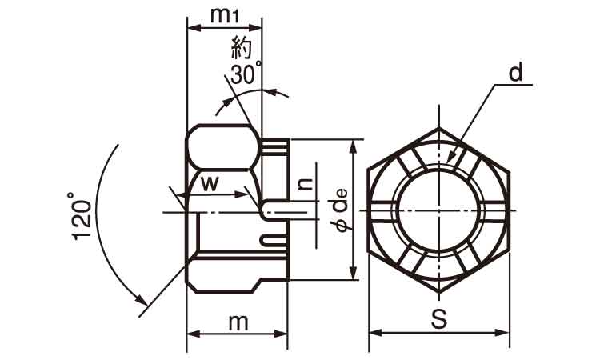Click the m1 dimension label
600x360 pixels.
coord(225,15)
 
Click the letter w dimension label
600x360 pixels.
coord(210,184)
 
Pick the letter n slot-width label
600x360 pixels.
coord(305,184)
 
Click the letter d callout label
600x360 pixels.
coord(516,73)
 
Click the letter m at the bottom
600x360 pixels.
coord(238,323)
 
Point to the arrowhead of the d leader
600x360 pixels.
coord(452,158)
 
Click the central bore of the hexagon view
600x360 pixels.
coord(439,210)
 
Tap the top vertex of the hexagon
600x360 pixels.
coord(439,127)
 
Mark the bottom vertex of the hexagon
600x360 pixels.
coord(439,293)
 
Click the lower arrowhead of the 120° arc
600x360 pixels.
coord(142,299)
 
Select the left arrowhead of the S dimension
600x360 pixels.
coord(375,333)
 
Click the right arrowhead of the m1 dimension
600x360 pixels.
coord(255,27)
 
